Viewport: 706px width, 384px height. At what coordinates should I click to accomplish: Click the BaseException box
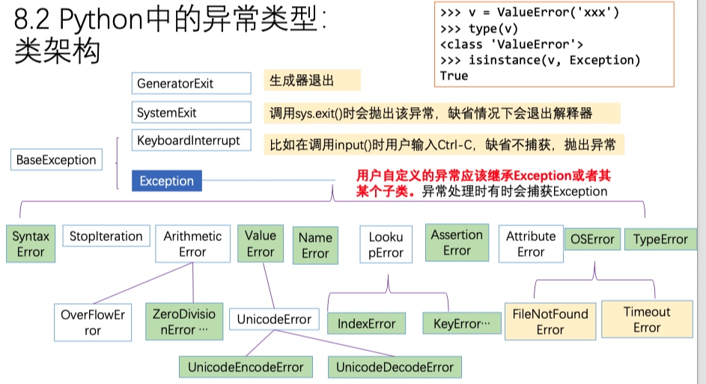(x=56, y=159)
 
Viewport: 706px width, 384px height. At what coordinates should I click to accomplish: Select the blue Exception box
(x=166, y=181)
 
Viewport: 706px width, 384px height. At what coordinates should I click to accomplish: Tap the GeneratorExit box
(x=191, y=83)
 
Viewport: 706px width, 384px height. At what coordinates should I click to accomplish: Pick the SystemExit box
(x=191, y=113)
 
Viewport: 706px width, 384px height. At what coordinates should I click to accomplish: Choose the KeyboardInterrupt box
(x=191, y=140)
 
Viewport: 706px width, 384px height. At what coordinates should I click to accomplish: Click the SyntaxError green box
(x=31, y=244)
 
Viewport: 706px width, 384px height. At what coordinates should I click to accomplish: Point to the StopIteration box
(x=106, y=237)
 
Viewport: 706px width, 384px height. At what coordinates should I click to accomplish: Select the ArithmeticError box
(x=192, y=244)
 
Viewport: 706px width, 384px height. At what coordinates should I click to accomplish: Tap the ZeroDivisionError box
(x=183, y=322)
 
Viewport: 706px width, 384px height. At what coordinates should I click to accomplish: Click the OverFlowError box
(x=92, y=323)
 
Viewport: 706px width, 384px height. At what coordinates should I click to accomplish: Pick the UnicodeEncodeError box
(x=246, y=368)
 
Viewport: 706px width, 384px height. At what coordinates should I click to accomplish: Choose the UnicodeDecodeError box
(x=395, y=368)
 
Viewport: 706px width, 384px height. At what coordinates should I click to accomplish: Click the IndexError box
(x=366, y=324)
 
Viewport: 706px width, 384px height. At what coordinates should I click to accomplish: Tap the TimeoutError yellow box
(x=647, y=320)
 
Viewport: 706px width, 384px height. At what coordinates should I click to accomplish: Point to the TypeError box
(x=660, y=240)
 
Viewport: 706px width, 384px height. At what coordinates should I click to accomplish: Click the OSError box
(x=592, y=240)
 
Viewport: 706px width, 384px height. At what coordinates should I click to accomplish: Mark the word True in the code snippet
(x=454, y=76)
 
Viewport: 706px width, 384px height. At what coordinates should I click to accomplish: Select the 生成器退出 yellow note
(x=311, y=82)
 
